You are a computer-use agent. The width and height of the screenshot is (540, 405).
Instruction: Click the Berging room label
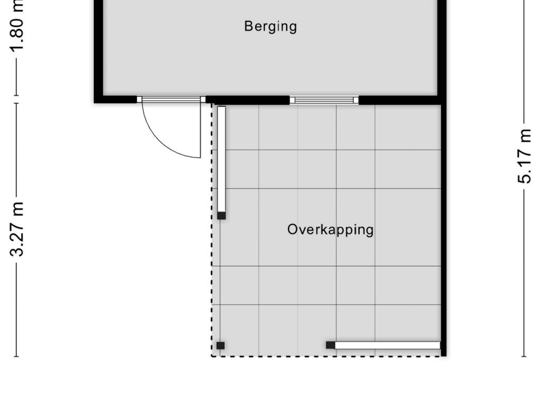pyautogui.click(x=271, y=26)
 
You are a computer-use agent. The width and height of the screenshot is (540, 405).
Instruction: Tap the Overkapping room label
pyautogui.click(x=330, y=230)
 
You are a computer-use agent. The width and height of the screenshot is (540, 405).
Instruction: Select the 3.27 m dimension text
pyautogui.click(x=17, y=229)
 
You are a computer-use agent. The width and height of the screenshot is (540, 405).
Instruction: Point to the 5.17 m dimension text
pyautogui.click(x=524, y=156)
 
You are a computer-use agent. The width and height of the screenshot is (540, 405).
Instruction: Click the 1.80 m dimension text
pyautogui.click(x=17, y=26)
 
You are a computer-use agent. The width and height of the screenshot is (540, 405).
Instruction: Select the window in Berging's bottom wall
pyautogui.click(x=324, y=100)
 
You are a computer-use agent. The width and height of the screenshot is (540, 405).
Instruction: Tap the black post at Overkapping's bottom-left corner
pyautogui.click(x=220, y=345)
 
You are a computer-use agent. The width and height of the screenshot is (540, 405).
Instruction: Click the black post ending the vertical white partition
pyautogui.click(x=221, y=216)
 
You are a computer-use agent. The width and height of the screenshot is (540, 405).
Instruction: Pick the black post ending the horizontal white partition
pyautogui.click(x=330, y=345)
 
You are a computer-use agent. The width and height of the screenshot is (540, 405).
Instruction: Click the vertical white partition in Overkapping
pyautogui.click(x=221, y=159)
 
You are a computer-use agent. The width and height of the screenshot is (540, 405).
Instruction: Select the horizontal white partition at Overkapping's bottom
pyautogui.click(x=388, y=345)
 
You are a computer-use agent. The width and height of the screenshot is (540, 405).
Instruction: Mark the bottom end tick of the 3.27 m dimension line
pyautogui.click(x=16, y=356)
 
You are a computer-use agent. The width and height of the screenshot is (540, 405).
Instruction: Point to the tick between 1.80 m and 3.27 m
pyautogui.click(x=16, y=99)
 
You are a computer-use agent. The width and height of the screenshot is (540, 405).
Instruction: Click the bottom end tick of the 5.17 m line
pyautogui.click(x=524, y=356)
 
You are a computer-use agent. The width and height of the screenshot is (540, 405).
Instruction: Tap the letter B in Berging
pyautogui.click(x=248, y=26)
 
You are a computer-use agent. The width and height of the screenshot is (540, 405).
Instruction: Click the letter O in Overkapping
pyautogui.click(x=292, y=229)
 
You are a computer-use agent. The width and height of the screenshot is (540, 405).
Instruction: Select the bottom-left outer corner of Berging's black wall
pyautogui.click(x=94, y=103)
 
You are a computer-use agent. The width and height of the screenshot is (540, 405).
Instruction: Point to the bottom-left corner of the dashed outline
pyautogui.click(x=212, y=356)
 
